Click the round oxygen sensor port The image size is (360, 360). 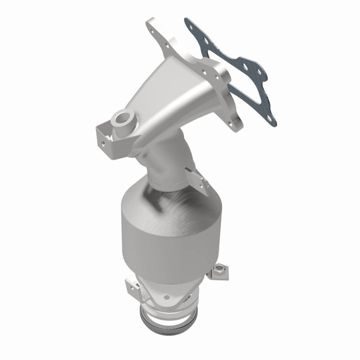click(x=122, y=119)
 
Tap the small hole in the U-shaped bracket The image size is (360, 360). click(x=103, y=142)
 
